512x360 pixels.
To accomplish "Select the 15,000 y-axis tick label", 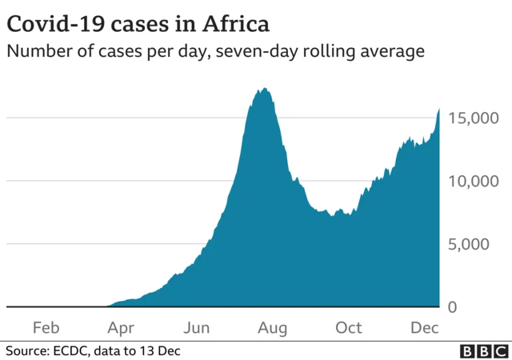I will [475, 118].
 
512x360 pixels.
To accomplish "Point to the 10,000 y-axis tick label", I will [475, 182].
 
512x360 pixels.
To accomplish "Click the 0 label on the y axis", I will [452, 307].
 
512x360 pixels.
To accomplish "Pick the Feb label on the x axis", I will [45, 327].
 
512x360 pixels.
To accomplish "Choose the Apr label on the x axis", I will [121, 327].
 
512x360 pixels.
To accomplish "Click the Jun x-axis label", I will [197, 327].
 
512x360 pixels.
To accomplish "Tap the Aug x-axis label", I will [273, 327].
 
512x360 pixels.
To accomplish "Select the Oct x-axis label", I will [349, 327].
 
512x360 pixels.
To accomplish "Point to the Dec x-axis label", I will [424, 327].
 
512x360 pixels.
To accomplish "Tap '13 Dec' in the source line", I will [162, 350].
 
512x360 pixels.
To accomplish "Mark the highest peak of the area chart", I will [262, 88].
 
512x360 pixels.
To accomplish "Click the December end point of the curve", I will [439, 109].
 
